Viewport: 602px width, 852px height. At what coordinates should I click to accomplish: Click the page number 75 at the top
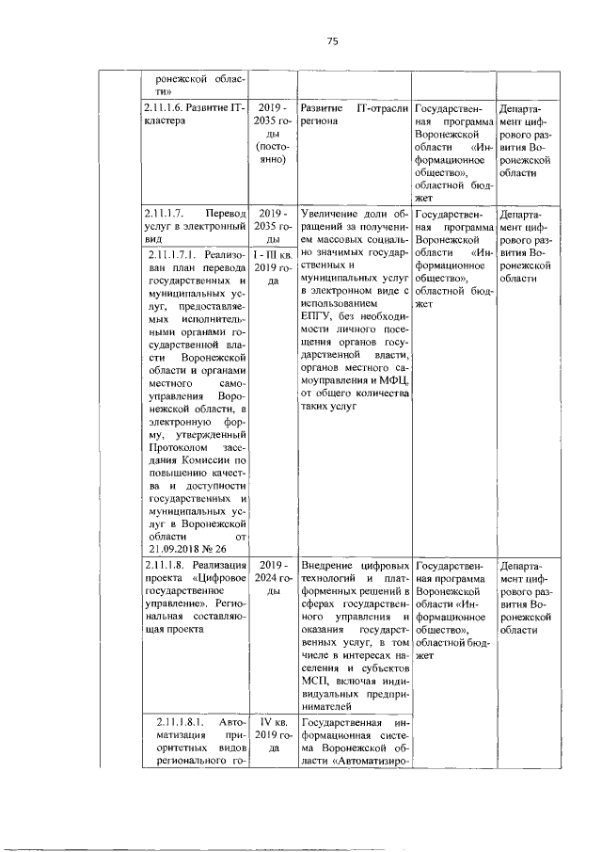point(332,40)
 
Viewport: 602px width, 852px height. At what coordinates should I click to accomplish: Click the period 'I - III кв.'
point(272,253)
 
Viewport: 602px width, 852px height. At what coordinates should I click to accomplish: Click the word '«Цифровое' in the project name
point(221,577)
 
